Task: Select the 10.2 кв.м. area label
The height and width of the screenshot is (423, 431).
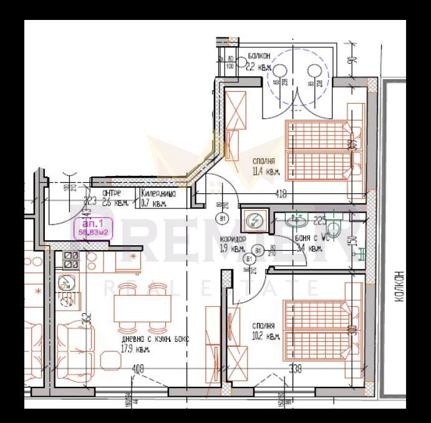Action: (x=266, y=331)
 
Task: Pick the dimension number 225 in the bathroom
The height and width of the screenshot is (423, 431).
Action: (x=319, y=220)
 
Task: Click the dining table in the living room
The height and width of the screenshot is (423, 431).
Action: (x=142, y=307)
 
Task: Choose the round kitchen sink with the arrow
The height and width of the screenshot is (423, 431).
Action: (x=65, y=283)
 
